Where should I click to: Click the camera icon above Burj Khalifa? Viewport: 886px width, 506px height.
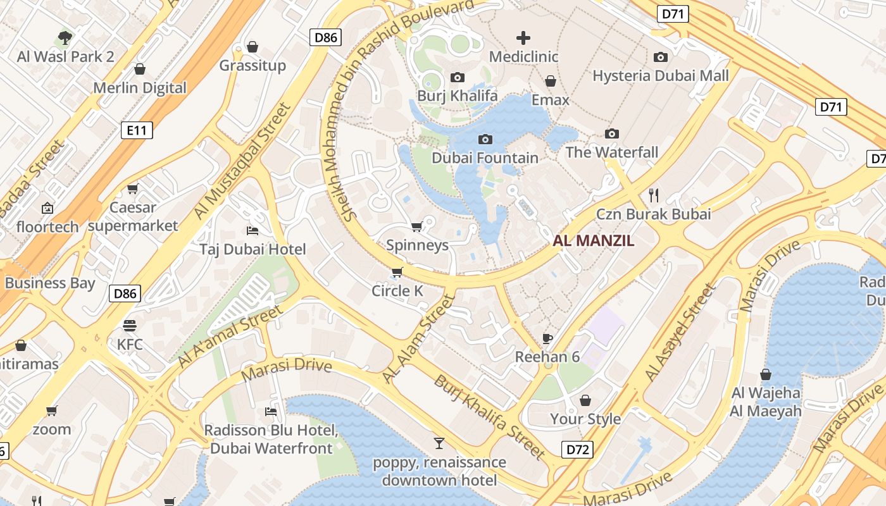click(x=457, y=78)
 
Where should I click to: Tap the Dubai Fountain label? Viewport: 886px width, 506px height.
click(x=485, y=157)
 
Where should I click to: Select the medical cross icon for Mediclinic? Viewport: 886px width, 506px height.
click(x=523, y=38)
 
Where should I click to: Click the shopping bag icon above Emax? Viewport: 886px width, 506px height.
click(x=551, y=82)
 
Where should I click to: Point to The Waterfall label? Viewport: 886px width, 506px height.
click(x=611, y=152)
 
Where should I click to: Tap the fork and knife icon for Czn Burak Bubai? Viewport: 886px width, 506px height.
click(x=654, y=195)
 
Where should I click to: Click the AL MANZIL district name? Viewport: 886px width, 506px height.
click(x=593, y=241)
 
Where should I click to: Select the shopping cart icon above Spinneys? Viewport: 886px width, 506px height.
click(x=416, y=226)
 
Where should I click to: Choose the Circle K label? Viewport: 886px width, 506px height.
click(x=397, y=291)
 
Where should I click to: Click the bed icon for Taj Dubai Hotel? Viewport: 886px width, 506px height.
click(x=253, y=230)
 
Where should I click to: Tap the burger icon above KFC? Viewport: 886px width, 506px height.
click(x=130, y=326)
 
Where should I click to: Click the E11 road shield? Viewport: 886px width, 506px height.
click(x=137, y=131)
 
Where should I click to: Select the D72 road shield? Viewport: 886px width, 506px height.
click(x=577, y=450)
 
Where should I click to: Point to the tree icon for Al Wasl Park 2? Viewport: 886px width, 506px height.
click(x=65, y=37)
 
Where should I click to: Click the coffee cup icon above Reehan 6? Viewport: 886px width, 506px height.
click(x=547, y=338)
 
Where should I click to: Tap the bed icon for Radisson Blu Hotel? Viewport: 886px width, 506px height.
click(x=271, y=412)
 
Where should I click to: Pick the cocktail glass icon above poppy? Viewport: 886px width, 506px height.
click(x=439, y=443)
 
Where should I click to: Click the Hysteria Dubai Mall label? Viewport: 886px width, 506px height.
click(x=660, y=76)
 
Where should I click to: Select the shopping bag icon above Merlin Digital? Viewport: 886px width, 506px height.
click(x=140, y=69)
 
